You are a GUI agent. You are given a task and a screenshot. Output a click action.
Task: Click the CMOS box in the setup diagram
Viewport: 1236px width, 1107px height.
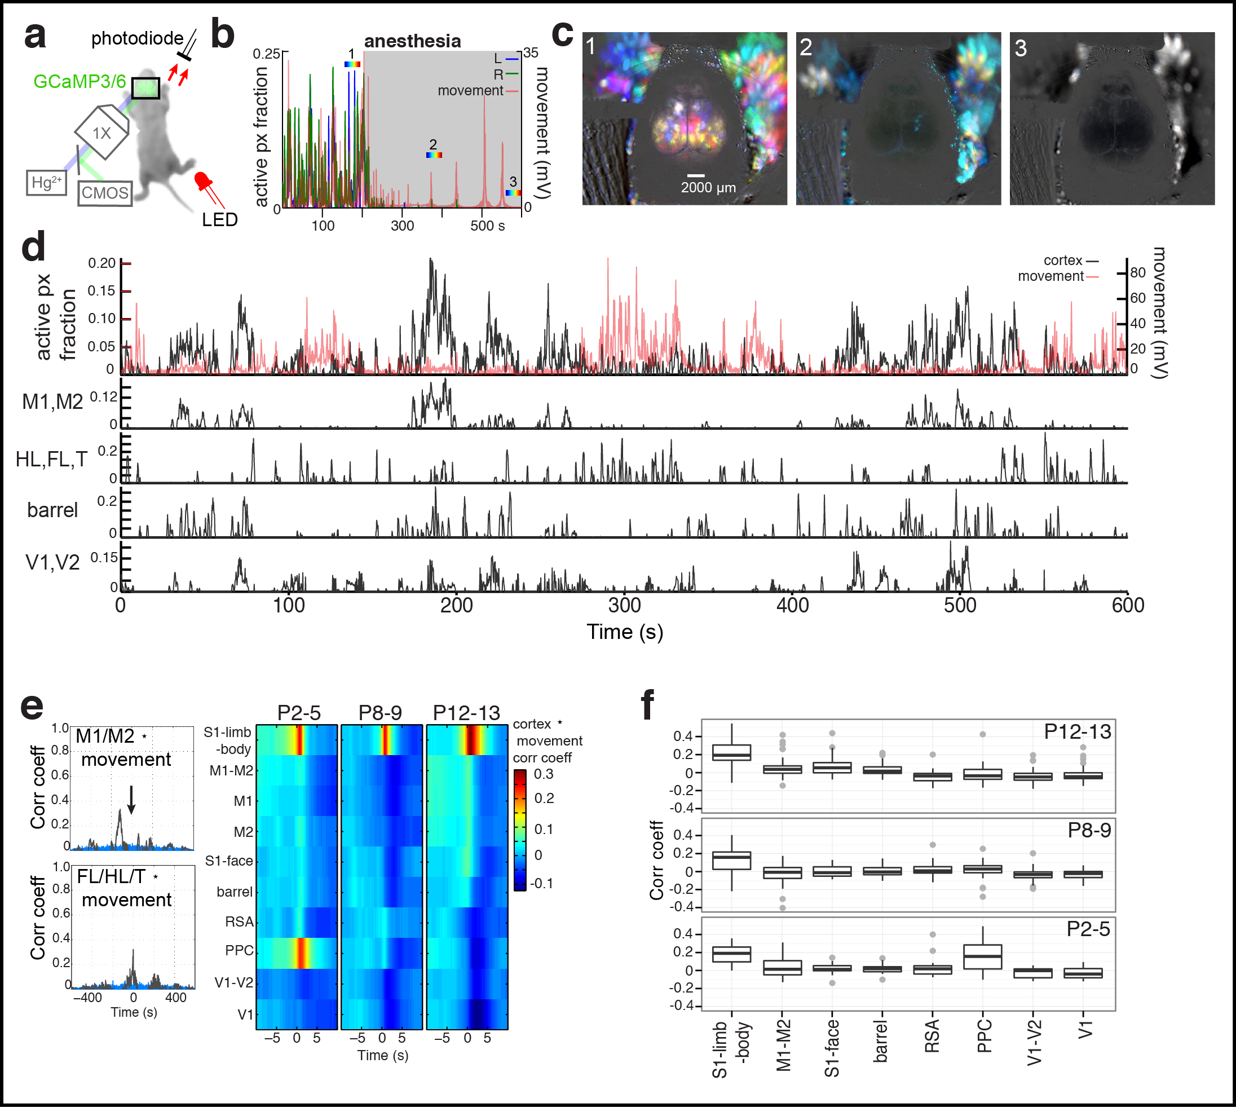pyautogui.click(x=105, y=193)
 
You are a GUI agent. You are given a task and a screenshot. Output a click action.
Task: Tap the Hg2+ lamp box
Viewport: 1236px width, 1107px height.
pyautogui.click(x=46, y=183)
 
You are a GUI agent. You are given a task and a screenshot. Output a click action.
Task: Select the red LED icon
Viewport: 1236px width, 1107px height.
pyautogui.click(x=202, y=181)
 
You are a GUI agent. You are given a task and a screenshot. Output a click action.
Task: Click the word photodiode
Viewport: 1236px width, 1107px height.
pyautogui.click(x=137, y=39)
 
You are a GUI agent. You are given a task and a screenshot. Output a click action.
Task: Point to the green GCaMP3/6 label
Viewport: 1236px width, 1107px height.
pyautogui.click(x=79, y=82)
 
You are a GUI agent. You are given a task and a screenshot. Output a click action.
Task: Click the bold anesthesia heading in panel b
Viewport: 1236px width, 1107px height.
pyautogui.click(x=412, y=41)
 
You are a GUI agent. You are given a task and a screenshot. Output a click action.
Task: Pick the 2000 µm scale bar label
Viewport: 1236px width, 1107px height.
pyautogui.click(x=708, y=187)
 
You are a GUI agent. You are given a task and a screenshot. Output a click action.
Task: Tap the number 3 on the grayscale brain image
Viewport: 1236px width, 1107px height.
pyautogui.click(x=1021, y=48)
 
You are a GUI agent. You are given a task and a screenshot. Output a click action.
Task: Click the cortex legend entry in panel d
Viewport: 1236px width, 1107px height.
pyautogui.click(x=1063, y=261)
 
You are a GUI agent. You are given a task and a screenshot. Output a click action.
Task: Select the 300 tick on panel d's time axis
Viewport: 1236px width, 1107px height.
pyautogui.click(x=625, y=605)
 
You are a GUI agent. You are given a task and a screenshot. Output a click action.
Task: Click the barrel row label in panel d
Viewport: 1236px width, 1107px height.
pyautogui.click(x=52, y=510)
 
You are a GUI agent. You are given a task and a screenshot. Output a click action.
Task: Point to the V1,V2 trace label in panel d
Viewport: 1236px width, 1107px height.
pyautogui.click(x=52, y=563)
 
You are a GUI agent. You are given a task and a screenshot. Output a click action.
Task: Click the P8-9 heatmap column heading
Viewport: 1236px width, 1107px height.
pyautogui.click(x=380, y=713)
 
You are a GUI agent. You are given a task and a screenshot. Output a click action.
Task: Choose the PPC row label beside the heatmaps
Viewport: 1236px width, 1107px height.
pyautogui.click(x=239, y=951)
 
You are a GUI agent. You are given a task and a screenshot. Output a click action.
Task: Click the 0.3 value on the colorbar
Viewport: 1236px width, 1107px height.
pyautogui.click(x=543, y=774)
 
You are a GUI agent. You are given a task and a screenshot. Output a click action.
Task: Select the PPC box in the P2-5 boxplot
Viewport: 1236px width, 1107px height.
pyautogui.click(x=983, y=957)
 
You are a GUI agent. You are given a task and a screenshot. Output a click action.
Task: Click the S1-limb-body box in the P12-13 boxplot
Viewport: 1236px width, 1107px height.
pyautogui.click(x=731, y=752)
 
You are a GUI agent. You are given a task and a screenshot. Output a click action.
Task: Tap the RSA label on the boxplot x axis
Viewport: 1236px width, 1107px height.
pyautogui.click(x=933, y=1036)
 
